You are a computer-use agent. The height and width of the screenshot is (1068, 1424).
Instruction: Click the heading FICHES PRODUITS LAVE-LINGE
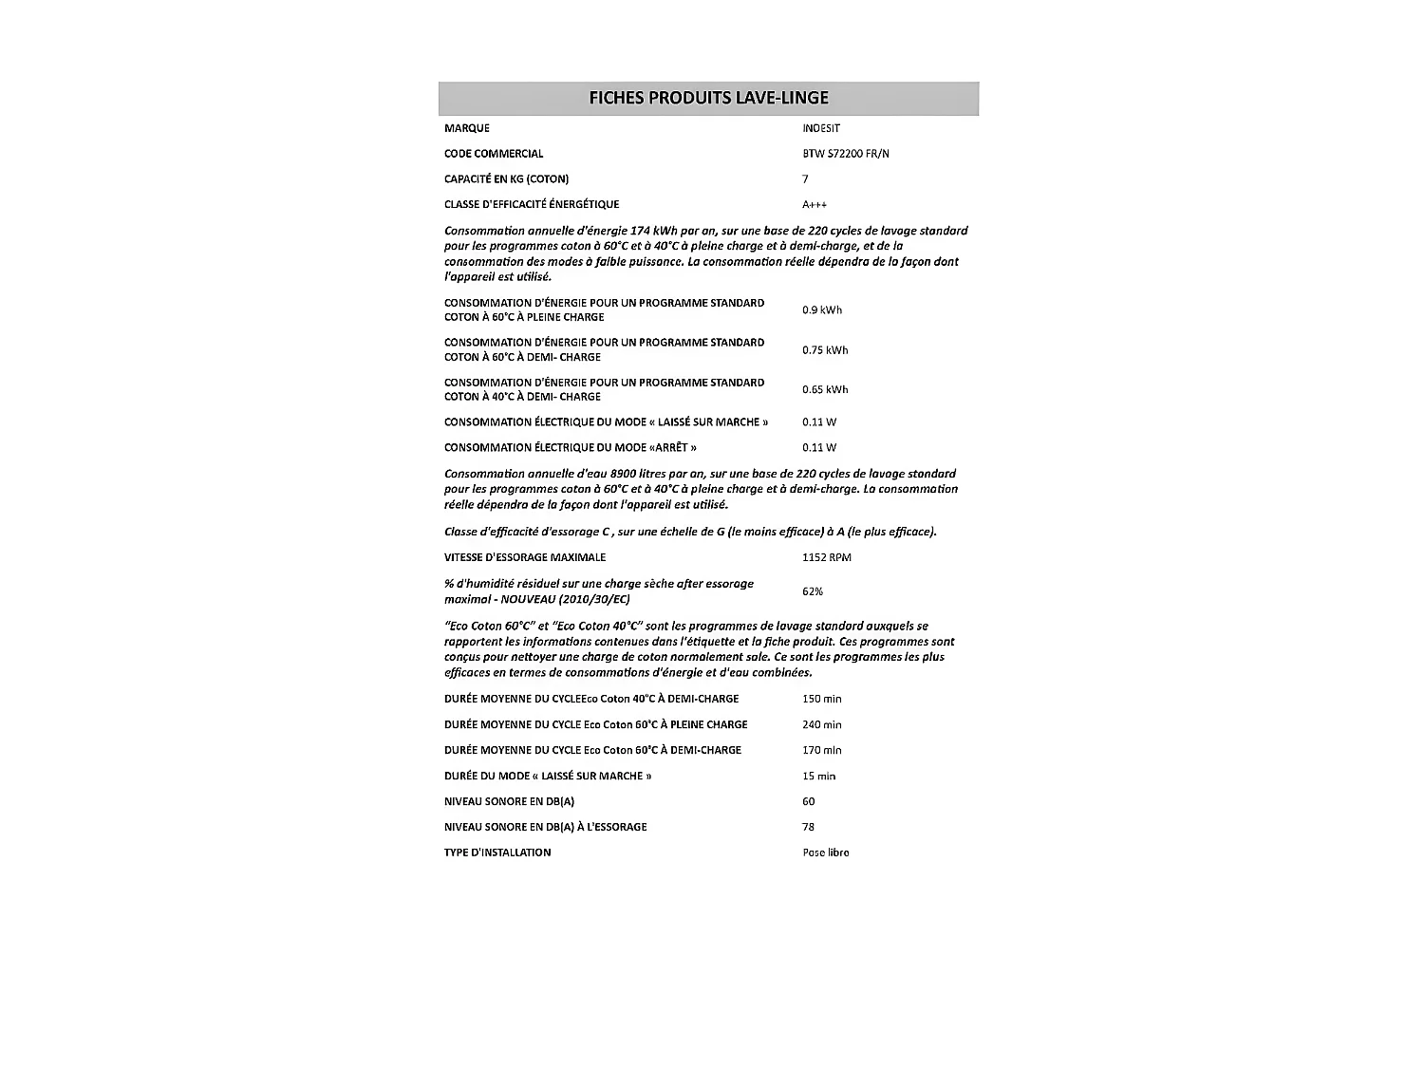pyautogui.click(x=708, y=98)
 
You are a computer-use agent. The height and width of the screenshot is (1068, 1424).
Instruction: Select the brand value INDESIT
pyautogui.click(x=821, y=128)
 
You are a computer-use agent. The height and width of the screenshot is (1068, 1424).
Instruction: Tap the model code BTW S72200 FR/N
pyautogui.click(x=846, y=154)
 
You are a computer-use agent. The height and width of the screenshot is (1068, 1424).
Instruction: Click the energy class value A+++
pyautogui.click(x=815, y=204)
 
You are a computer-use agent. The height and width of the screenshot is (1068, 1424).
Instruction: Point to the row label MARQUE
pyautogui.click(x=467, y=128)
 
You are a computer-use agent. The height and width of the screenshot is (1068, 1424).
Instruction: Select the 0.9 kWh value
pyautogui.click(x=822, y=310)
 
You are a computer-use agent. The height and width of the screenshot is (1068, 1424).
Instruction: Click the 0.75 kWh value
pyautogui.click(x=825, y=350)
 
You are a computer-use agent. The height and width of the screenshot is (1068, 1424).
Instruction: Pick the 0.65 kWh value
pyautogui.click(x=825, y=390)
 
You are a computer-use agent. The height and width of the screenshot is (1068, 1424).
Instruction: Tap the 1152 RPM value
pyautogui.click(x=827, y=557)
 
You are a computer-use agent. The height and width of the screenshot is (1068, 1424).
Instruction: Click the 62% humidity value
pyautogui.click(x=813, y=591)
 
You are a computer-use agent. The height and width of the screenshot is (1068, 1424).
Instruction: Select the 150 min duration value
pyautogui.click(x=822, y=699)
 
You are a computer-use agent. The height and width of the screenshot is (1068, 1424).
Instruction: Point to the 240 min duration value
pyautogui.click(x=822, y=724)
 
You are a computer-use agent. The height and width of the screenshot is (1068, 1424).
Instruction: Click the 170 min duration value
pyautogui.click(x=822, y=750)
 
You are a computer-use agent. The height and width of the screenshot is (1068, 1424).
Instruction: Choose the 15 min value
pyautogui.click(x=819, y=776)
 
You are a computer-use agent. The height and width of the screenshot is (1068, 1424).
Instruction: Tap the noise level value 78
pyautogui.click(x=809, y=827)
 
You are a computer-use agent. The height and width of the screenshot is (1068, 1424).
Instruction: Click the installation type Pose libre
pyautogui.click(x=826, y=853)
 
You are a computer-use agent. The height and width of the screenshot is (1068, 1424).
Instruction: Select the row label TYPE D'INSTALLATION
pyautogui.click(x=497, y=853)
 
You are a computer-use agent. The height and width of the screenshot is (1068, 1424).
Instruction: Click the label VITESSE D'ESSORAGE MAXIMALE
pyautogui.click(x=525, y=557)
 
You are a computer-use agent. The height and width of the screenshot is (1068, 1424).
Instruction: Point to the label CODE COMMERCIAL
pyautogui.click(x=494, y=154)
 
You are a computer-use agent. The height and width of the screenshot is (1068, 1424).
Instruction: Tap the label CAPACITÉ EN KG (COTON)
pyautogui.click(x=507, y=179)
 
